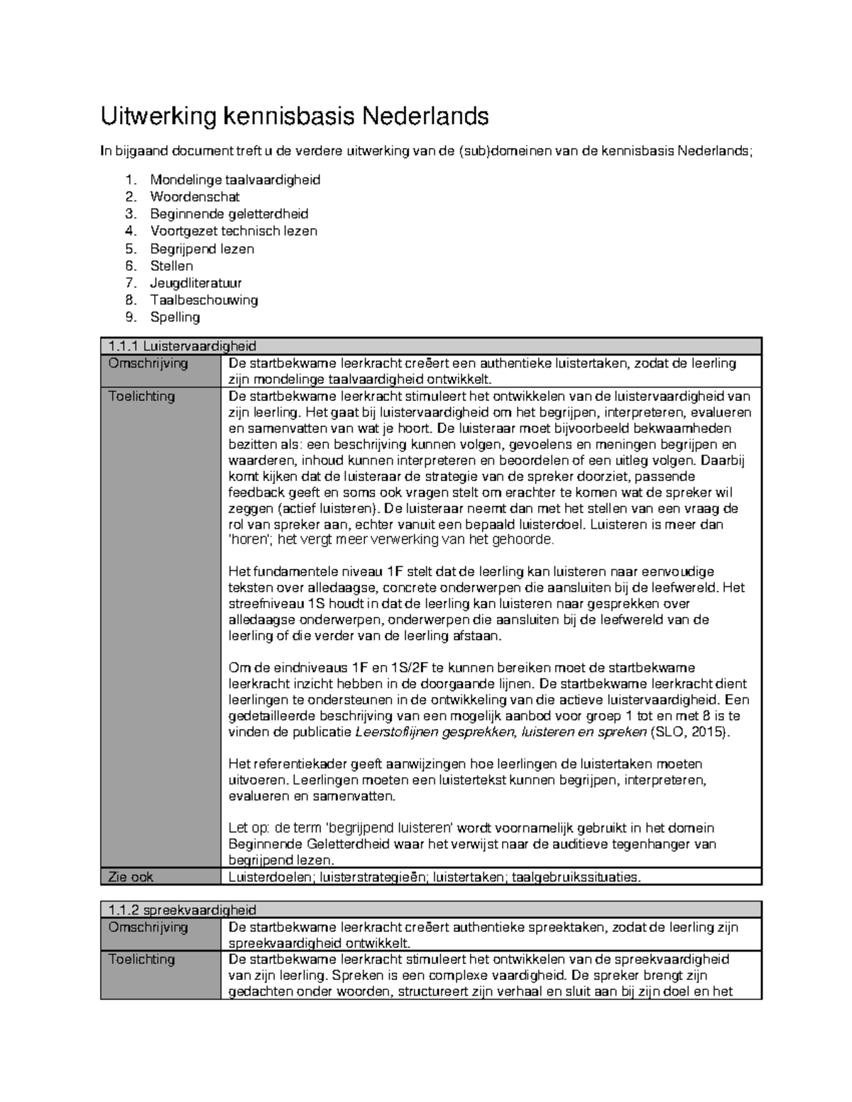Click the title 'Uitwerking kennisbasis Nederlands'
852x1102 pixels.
coord(295,115)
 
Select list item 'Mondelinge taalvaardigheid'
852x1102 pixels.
coord(235,180)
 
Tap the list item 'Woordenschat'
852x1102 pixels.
coord(195,197)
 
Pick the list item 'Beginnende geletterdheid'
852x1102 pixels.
coord(229,214)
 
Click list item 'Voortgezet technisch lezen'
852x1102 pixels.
coord(234,231)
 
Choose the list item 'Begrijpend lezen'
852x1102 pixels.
coord(202,248)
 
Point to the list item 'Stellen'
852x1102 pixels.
coord(171,266)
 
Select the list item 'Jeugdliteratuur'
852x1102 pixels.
coord(196,283)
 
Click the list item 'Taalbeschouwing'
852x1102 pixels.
coord(204,300)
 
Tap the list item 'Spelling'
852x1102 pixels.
coord(175,317)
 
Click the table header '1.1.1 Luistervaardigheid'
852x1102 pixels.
coord(182,346)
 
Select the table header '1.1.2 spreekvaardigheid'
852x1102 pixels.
coord(182,910)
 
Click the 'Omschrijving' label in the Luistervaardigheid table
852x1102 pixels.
coord(148,363)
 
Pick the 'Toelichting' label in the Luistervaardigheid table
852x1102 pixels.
coord(141,396)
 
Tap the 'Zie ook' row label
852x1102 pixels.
coord(131,877)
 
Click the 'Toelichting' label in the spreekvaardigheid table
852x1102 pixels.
coord(141,959)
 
